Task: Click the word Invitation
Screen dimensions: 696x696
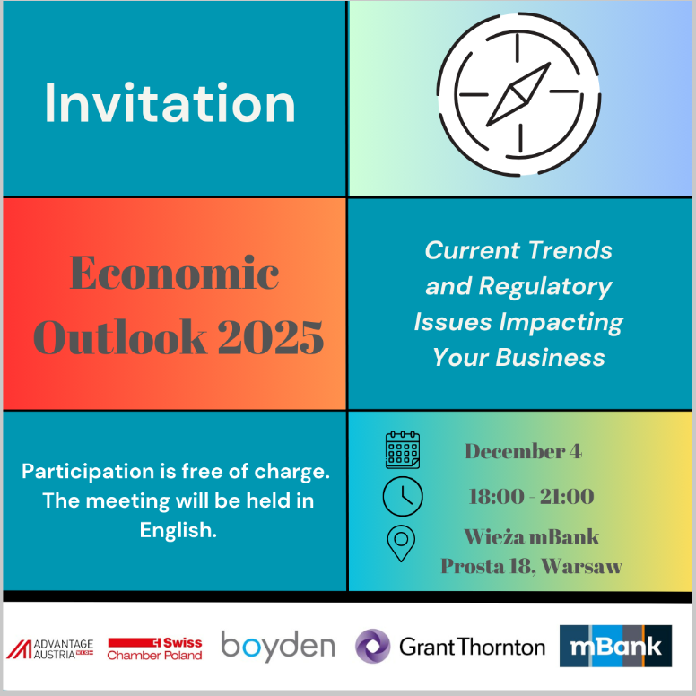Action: pyautogui.click(x=170, y=103)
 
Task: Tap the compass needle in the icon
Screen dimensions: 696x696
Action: pyautogui.click(x=518, y=94)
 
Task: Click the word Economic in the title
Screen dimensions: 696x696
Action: pyautogui.click(x=174, y=273)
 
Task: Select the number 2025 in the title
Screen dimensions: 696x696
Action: pyautogui.click(x=271, y=337)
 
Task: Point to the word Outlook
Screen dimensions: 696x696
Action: pyautogui.click(x=120, y=337)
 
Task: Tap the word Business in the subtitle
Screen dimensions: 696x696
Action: pyautogui.click(x=550, y=357)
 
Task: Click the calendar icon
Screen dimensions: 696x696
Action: pyautogui.click(x=403, y=449)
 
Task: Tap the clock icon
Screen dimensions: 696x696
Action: pyautogui.click(x=403, y=496)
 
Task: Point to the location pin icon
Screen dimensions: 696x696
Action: pyautogui.click(x=401, y=544)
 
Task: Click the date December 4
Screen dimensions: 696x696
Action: pyautogui.click(x=523, y=451)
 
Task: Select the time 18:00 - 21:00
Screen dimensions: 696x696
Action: pyautogui.click(x=531, y=496)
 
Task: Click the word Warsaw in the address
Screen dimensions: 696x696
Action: pyautogui.click(x=581, y=566)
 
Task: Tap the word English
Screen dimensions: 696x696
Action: pyautogui.click(x=178, y=530)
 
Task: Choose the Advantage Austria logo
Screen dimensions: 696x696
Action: pyautogui.click(x=49, y=649)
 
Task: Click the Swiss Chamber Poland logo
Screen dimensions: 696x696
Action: pyautogui.click(x=155, y=649)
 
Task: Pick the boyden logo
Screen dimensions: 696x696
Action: pyautogui.click(x=278, y=647)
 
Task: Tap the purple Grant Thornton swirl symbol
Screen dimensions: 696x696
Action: pyautogui.click(x=373, y=647)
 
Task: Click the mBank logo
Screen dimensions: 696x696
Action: pyautogui.click(x=615, y=647)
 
